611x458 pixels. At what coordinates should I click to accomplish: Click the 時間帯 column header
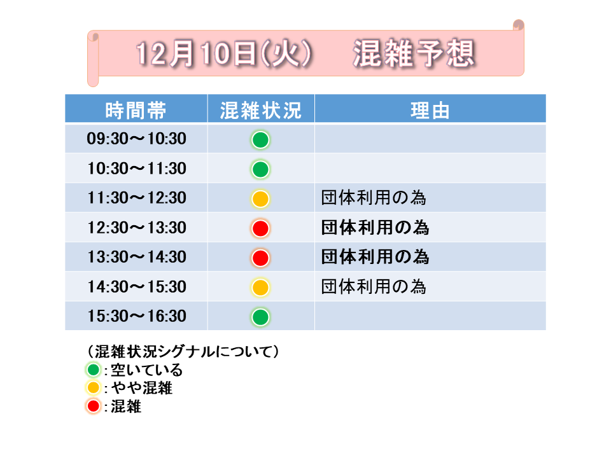point(136,111)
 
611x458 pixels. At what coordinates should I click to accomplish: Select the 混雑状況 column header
point(261,111)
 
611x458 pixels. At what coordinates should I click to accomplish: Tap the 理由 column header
point(430,111)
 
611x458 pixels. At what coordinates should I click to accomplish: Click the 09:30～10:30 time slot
point(136,139)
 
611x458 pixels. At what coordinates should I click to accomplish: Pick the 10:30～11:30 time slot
point(136,169)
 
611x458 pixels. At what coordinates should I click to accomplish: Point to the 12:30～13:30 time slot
point(136,228)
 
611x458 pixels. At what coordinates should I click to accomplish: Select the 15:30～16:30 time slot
point(136,316)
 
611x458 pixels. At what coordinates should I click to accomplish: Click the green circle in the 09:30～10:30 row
point(260,140)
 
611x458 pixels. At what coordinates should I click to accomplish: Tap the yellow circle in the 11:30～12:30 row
point(260,198)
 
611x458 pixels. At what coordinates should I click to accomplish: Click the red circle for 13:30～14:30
point(260,258)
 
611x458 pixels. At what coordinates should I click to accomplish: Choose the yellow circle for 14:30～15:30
point(260,288)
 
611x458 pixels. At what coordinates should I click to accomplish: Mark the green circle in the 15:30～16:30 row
point(260,317)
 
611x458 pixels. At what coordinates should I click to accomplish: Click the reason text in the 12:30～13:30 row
point(375,228)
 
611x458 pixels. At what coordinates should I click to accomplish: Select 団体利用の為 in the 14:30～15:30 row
point(374,287)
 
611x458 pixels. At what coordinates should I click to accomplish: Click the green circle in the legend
point(93,369)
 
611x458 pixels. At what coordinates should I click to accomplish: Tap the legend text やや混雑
point(142,388)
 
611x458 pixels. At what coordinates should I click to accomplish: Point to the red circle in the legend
point(93,406)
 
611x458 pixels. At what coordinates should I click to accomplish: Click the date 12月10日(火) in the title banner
point(223,53)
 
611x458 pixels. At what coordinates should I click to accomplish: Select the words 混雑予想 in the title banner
point(414,53)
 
